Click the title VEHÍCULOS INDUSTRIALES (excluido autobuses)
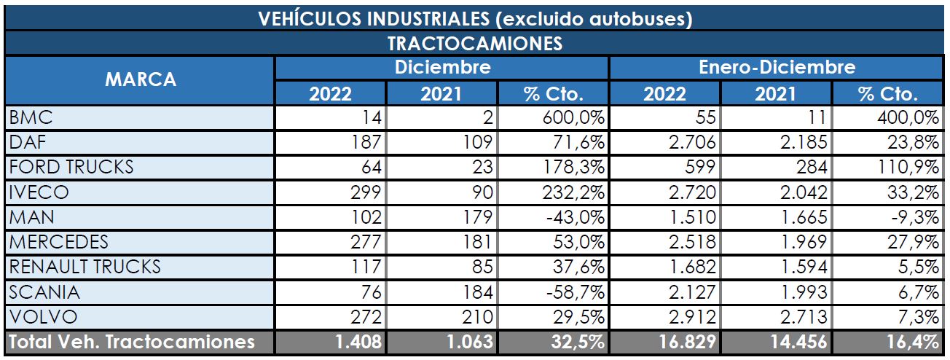click(x=474, y=17)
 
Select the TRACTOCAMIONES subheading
click(x=474, y=43)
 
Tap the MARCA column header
click(x=140, y=80)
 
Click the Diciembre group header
click(x=441, y=68)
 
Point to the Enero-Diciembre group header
click(x=776, y=68)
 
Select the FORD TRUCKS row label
click(x=71, y=167)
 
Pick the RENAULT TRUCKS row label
click(x=85, y=267)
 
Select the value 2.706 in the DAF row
click(x=691, y=142)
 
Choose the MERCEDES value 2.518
click(x=691, y=242)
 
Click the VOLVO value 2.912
click(x=691, y=317)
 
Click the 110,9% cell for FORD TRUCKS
click(x=911, y=167)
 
